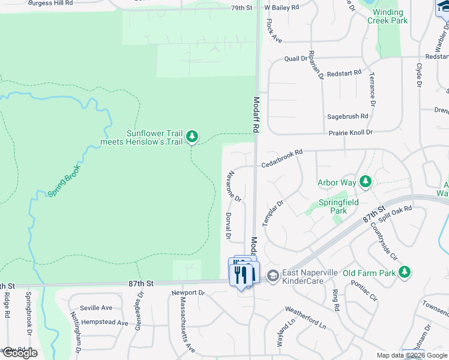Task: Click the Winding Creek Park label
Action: coord(390,16)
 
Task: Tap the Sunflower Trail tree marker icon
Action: coord(192,137)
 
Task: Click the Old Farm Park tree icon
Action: coord(405,273)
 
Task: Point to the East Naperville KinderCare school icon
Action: coord(273,275)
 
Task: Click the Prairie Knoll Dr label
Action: coord(351,132)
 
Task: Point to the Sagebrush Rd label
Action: coord(347,116)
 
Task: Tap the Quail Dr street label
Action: coord(296,59)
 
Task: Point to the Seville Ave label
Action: coord(96,308)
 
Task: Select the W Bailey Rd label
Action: coord(285,8)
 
